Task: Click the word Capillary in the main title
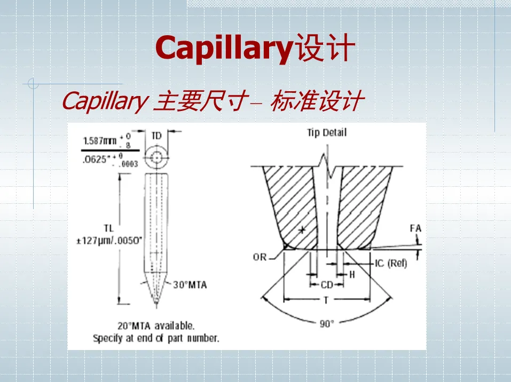(x=224, y=49)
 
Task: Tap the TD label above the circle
(x=156, y=136)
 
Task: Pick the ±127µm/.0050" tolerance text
(x=109, y=240)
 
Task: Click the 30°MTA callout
(x=190, y=285)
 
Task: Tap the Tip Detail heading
(x=326, y=132)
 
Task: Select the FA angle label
(x=415, y=228)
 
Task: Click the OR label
(x=260, y=257)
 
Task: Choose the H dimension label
(x=352, y=274)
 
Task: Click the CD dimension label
(x=327, y=285)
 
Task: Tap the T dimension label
(x=326, y=300)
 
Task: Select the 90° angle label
(x=327, y=323)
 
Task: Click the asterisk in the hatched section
(x=302, y=230)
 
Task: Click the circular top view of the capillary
(x=156, y=158)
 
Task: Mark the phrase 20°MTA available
(x=155, y=325)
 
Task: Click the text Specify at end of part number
(x=156, y=338)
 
